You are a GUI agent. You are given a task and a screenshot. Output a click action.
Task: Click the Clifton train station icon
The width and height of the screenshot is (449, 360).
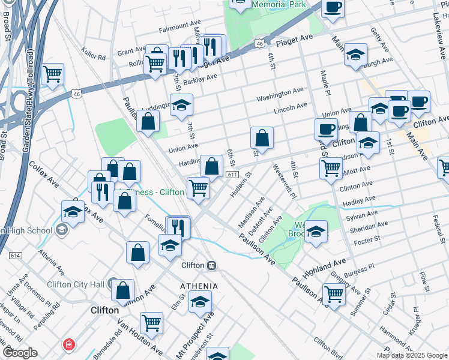pyautogui.click(x=211, y=265)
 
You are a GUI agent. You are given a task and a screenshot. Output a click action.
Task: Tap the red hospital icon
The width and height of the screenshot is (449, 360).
pyautogui.click(x=70, y=345)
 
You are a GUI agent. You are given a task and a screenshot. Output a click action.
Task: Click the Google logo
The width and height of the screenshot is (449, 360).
pyautogui.click(x=20, y=352)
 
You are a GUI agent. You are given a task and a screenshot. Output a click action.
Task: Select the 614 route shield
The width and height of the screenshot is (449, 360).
pyautogui.click(x=15, y=255)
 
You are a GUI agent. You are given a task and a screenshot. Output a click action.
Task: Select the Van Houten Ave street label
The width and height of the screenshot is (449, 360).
pyautogui.click(x=139, y=337)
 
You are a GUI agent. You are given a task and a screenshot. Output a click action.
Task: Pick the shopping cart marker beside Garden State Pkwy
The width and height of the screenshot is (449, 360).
pyautogui.click(x=53, y=74)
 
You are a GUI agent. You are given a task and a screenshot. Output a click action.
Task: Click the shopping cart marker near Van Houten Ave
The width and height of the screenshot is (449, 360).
pyautogui.click(x=152, y=323)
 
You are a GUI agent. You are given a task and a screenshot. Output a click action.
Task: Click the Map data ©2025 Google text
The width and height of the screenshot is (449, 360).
pyautogui.click(x=411, y=355)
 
